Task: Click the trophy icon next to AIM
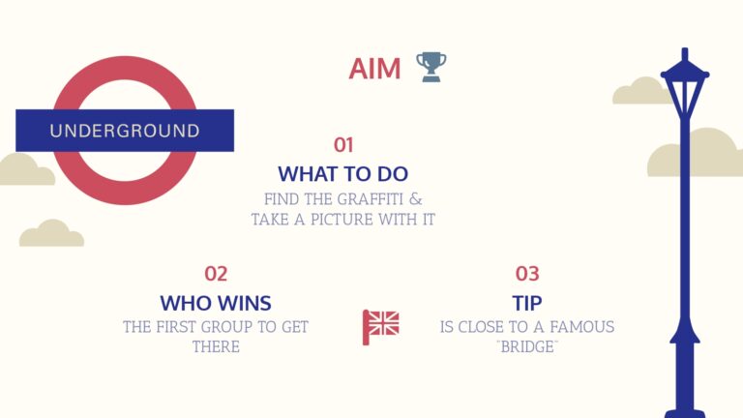(431, 67)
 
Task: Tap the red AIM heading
(374, 69)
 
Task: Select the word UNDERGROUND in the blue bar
(125, 131)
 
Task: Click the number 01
(343, 145)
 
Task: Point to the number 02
(216, 274)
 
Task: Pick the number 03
(527, 274)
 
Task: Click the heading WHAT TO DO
(343, 174)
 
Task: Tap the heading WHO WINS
(216, 303)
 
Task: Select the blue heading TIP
(527, 303)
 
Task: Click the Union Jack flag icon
(381, 326)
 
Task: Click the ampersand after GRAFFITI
(416, 199)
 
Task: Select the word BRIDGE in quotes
(527, 347)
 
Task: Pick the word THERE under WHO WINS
(216, 347)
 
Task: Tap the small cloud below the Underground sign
(51, 233)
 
